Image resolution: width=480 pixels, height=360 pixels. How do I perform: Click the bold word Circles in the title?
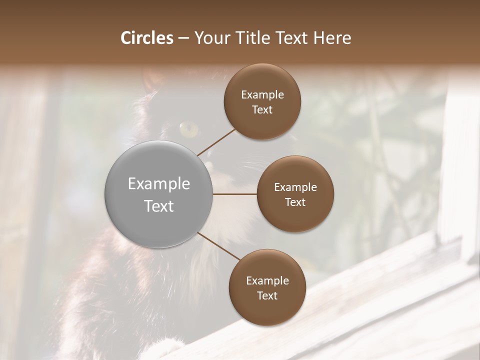point(147,38)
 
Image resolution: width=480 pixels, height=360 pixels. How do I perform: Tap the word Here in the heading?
point(332,38)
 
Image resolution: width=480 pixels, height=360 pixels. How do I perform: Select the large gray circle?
point(158,194)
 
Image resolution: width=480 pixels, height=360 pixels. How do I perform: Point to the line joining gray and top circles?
point(216,142)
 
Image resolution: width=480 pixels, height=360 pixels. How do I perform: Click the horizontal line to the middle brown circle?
point(235,194)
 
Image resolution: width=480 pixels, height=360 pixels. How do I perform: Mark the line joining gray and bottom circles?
point(218,246)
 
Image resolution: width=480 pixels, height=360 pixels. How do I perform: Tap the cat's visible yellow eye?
point(188,129)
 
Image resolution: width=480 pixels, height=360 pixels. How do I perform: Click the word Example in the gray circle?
point(158,184)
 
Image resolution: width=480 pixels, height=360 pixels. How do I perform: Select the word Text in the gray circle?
point(158,206)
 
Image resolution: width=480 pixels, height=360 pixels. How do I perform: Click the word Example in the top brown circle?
point(262,95)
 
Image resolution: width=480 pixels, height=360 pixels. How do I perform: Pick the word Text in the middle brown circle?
point(295,202)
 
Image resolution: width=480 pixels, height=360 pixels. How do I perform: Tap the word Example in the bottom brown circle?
point(267,281)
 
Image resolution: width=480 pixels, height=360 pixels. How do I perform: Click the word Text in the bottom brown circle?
point(267,296)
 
